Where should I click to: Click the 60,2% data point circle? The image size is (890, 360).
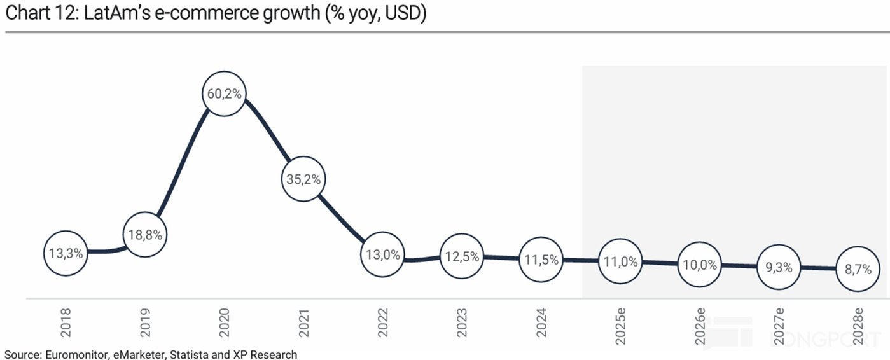pos(224,93)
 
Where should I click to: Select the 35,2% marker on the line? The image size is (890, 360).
pos(304,179)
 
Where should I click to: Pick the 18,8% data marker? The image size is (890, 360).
pos(145,235)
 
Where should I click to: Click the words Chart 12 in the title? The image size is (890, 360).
pos(38,14)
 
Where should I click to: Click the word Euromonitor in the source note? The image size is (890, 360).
pos(69,354)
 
